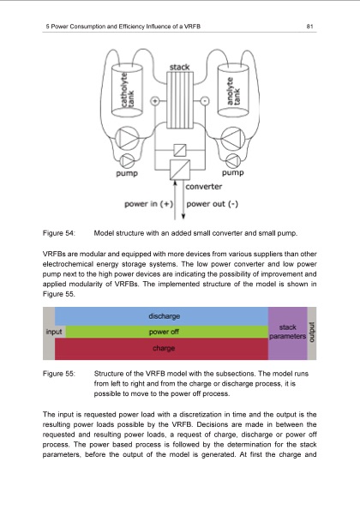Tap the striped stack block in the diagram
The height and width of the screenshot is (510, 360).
pyautogui.click(x=180, y=99)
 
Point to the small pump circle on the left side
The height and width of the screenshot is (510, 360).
pyautogui.click(x=127, y=159)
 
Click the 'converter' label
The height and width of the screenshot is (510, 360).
pyautogui.click(x=205, y=185)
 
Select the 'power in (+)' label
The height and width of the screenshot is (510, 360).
pyautogui.click(x=149, y=204)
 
